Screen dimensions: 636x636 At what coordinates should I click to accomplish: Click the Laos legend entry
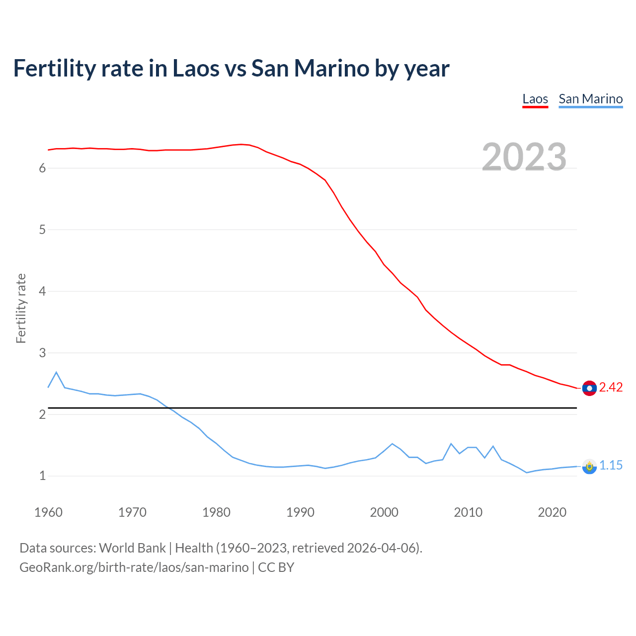535,99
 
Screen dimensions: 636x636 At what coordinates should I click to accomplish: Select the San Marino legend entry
590,99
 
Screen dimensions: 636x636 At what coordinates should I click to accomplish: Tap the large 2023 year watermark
524,157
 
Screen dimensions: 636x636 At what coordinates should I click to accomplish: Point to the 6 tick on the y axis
42,168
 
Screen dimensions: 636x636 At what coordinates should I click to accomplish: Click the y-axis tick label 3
42,353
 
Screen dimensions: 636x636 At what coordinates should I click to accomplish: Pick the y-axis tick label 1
42,476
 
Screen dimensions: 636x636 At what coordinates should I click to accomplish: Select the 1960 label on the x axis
48,512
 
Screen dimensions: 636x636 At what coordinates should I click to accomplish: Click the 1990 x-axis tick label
300,512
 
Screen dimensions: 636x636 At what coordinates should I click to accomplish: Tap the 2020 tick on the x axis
552,512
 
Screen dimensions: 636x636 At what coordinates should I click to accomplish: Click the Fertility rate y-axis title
21,308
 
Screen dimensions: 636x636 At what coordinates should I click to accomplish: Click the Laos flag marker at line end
589,388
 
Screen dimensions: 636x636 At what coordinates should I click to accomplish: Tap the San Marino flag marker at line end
589,467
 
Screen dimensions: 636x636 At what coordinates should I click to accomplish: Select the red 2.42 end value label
611,387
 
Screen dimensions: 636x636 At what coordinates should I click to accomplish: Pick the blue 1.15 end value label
611,465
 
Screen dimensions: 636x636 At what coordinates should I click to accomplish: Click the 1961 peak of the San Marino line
56,372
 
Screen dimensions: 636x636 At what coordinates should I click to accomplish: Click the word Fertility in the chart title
54,69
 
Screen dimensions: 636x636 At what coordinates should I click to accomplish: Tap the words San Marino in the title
310,69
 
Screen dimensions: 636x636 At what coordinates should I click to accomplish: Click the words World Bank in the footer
132,548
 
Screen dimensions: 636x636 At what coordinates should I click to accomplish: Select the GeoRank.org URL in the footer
134,567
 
